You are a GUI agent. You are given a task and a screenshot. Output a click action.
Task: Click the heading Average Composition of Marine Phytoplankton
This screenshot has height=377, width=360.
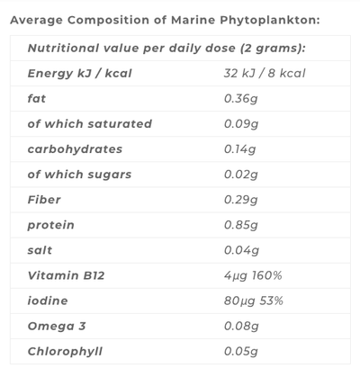164,20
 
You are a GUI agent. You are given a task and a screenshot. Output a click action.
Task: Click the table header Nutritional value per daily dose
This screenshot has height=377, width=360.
166,49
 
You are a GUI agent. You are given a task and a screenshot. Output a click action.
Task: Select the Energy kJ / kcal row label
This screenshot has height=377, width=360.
79,73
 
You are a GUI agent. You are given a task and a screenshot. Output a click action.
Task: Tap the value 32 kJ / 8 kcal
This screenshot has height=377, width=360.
265,73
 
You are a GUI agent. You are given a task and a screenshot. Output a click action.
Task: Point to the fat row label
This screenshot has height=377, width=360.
36,98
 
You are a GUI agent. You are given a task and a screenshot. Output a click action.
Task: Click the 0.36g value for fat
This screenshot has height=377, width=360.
240,98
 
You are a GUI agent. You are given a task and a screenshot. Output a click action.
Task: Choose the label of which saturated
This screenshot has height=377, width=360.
90,123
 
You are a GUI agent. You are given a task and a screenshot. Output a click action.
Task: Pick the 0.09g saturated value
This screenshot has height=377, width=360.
240,123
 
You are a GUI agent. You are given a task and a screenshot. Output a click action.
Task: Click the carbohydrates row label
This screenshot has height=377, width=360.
75,148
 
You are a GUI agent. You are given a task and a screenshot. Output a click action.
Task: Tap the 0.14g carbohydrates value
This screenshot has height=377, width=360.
239,148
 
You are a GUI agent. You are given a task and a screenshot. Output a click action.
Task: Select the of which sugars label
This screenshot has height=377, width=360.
79,174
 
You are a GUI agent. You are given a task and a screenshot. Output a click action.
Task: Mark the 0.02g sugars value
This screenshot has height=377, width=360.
240,174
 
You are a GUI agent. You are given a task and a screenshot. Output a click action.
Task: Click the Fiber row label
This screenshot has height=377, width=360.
45,199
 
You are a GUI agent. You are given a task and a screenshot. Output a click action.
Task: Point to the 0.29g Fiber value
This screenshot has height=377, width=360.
240,199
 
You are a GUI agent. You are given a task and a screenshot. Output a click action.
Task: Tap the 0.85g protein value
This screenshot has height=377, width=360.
240,224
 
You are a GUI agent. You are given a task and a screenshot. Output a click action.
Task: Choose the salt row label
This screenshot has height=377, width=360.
40,249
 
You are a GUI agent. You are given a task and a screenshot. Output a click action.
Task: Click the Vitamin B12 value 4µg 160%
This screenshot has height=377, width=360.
253,274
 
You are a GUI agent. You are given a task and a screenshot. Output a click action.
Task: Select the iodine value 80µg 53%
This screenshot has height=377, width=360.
254,300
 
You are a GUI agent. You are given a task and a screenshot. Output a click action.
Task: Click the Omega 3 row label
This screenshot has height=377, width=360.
58,325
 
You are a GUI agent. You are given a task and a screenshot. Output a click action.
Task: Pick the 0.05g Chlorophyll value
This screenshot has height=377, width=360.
240,350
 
